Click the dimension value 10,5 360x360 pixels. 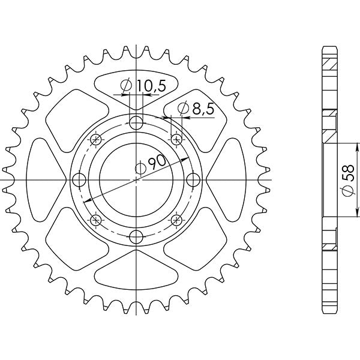149,86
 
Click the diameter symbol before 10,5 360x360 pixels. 127,87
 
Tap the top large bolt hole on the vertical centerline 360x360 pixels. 137,123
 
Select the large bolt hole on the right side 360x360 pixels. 193,180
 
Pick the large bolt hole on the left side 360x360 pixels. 78,180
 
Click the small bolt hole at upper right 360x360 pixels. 176,140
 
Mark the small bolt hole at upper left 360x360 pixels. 95,140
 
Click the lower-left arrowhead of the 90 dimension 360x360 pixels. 86,201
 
